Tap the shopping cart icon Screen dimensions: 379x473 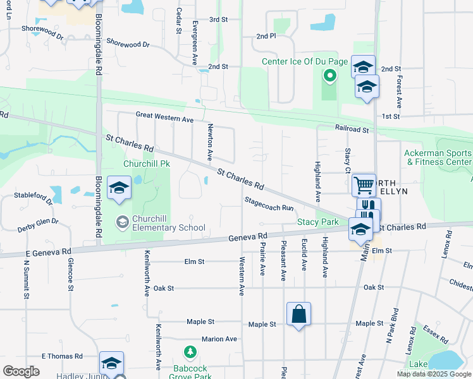[364, 184]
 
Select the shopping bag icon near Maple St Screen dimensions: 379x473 [298, 314]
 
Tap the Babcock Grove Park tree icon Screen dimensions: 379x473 [188, 351]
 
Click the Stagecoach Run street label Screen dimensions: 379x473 [270, 203]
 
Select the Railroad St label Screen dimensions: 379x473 [352, 128]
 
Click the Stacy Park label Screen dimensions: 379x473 [318, 222]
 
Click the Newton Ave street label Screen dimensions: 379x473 [211, 142]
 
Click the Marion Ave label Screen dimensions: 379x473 [219, 339]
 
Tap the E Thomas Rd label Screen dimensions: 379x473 [62, 356]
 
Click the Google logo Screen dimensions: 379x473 [21, 371]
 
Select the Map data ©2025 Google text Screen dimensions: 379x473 [433, 374]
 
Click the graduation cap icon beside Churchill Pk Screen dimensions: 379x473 [118, 188]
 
